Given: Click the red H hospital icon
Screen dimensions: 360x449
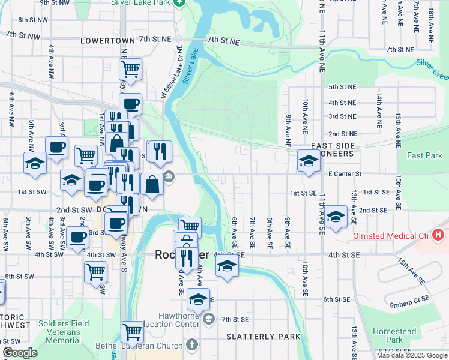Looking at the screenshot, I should pyautogui.click(x=439, y=235).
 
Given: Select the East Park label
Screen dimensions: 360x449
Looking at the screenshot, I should pyautogui.click(x=424, y=155).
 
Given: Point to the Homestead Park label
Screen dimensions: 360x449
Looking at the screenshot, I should pyautogui.click(x=394, y=335).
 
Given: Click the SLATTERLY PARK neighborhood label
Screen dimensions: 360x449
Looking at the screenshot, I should pyautogui.click(x=263, y=337).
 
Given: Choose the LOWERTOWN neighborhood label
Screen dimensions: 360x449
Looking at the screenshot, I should pyautogui.click(x=106, y=40).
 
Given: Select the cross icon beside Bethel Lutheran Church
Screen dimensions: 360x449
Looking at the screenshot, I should pyautogui.click(x=191, y=344).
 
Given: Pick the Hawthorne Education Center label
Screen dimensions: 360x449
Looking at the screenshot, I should pyautogui.click(x=179, y=320).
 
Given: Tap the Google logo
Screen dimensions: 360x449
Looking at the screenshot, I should pyautogui.click(x=20, y=353).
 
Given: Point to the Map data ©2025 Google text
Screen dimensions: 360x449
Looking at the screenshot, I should pyautogui.click(x=411, y=355).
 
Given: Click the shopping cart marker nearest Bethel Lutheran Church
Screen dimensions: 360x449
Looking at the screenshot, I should pyautogui.click(x=132, y=331).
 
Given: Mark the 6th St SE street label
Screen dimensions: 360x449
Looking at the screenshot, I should pyautogui.click(x=336, y=299).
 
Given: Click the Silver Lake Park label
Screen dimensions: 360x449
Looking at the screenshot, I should pyautogui.click(x=141, y=2).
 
